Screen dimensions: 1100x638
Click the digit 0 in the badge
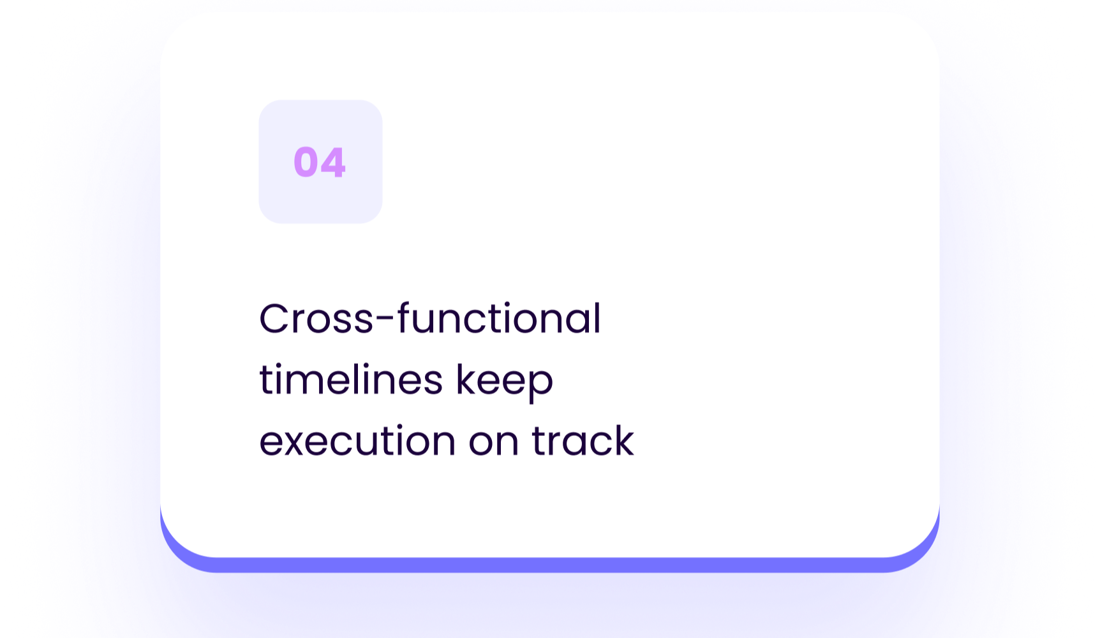click(306, 162)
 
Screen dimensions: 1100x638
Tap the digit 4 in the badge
click(333, 162)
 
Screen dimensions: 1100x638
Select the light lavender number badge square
click(320, 162)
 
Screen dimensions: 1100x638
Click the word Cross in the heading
click(316, 319)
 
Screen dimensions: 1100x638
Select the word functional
click(500, 317)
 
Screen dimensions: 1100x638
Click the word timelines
click(351, 379)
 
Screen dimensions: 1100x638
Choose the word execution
click(358, 440)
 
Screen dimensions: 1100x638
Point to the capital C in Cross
click(275, 319)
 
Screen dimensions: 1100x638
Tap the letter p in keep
click(540, 386)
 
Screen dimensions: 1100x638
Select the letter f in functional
click(405, 317)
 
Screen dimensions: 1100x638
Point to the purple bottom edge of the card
click(550, 565)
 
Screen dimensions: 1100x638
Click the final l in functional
click(598, 317)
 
